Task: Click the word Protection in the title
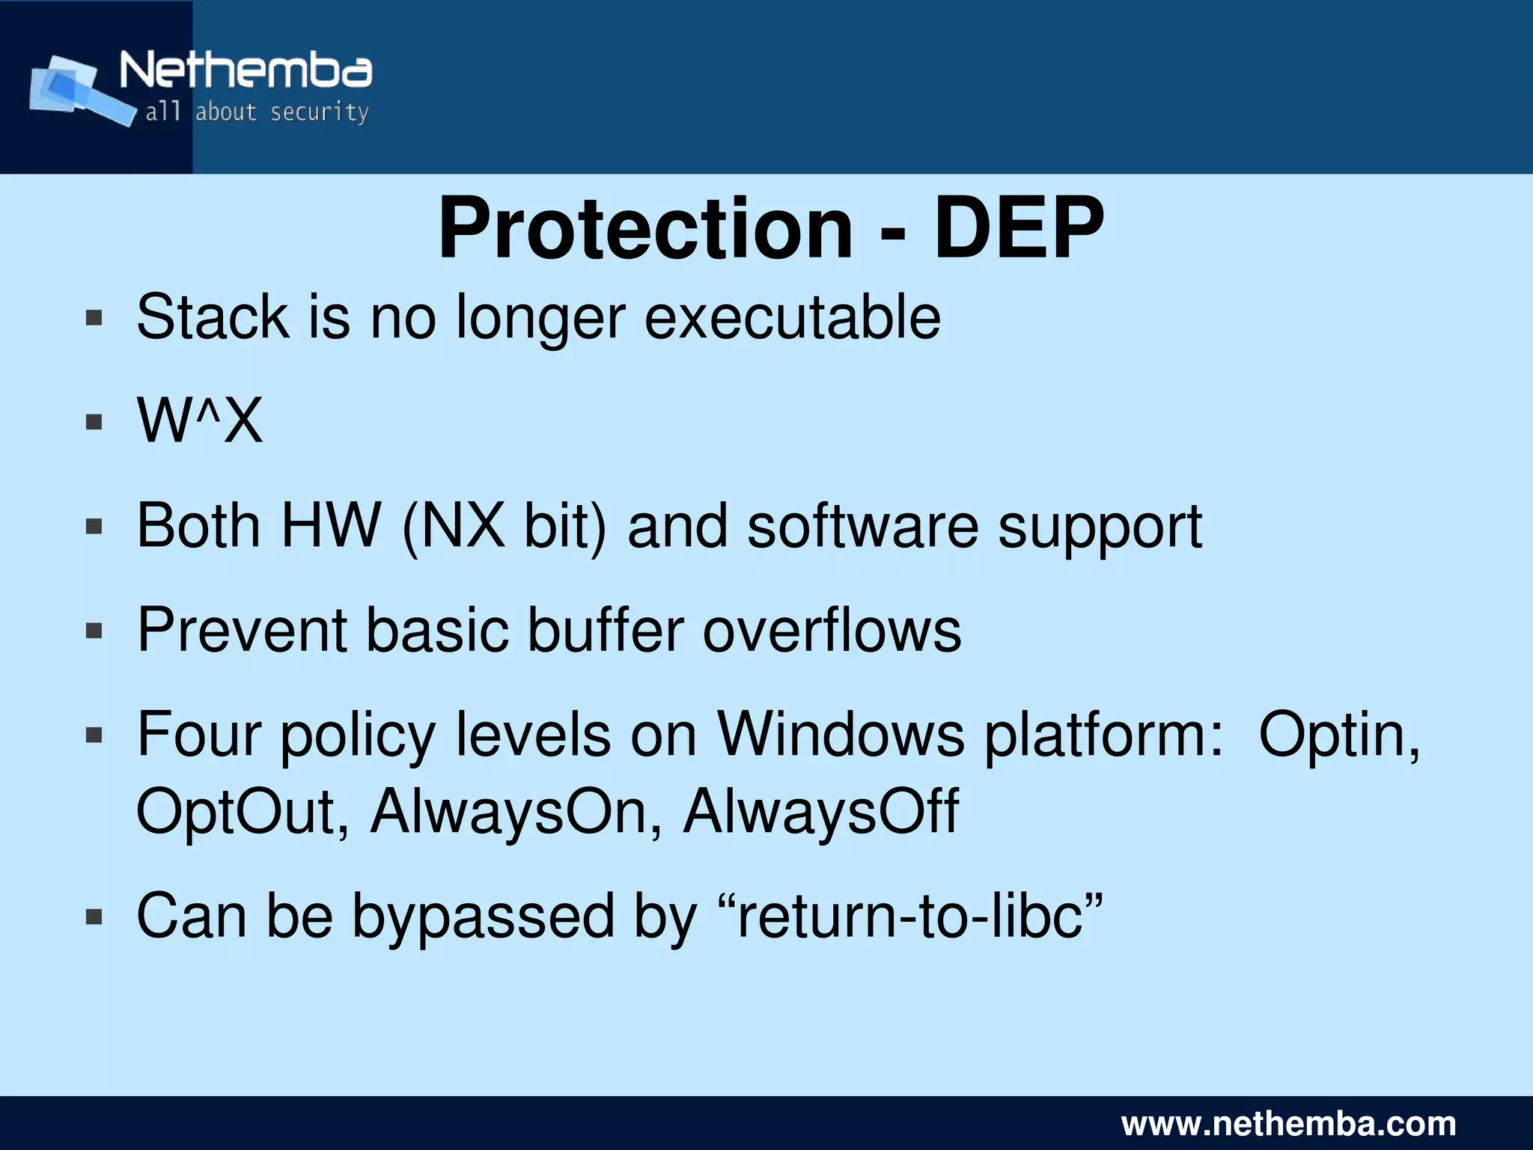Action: [x=645, y=228]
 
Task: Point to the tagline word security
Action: [x=320, y=112]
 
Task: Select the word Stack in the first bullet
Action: [x=213, y=317]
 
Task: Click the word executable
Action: [x=792, y=317]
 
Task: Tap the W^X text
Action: [x=200, y=420]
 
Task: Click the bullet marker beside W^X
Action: [x=94, y=422]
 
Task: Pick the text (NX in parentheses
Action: [x=454, y=526]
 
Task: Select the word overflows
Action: [x=832, y=630]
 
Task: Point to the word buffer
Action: [x=606, y=630]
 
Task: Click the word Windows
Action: [x=841, y=735]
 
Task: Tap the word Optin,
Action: [x=1339, y=735]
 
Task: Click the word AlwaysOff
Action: [x=820, y=811]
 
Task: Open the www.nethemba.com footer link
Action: [x=1288, y=1124]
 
